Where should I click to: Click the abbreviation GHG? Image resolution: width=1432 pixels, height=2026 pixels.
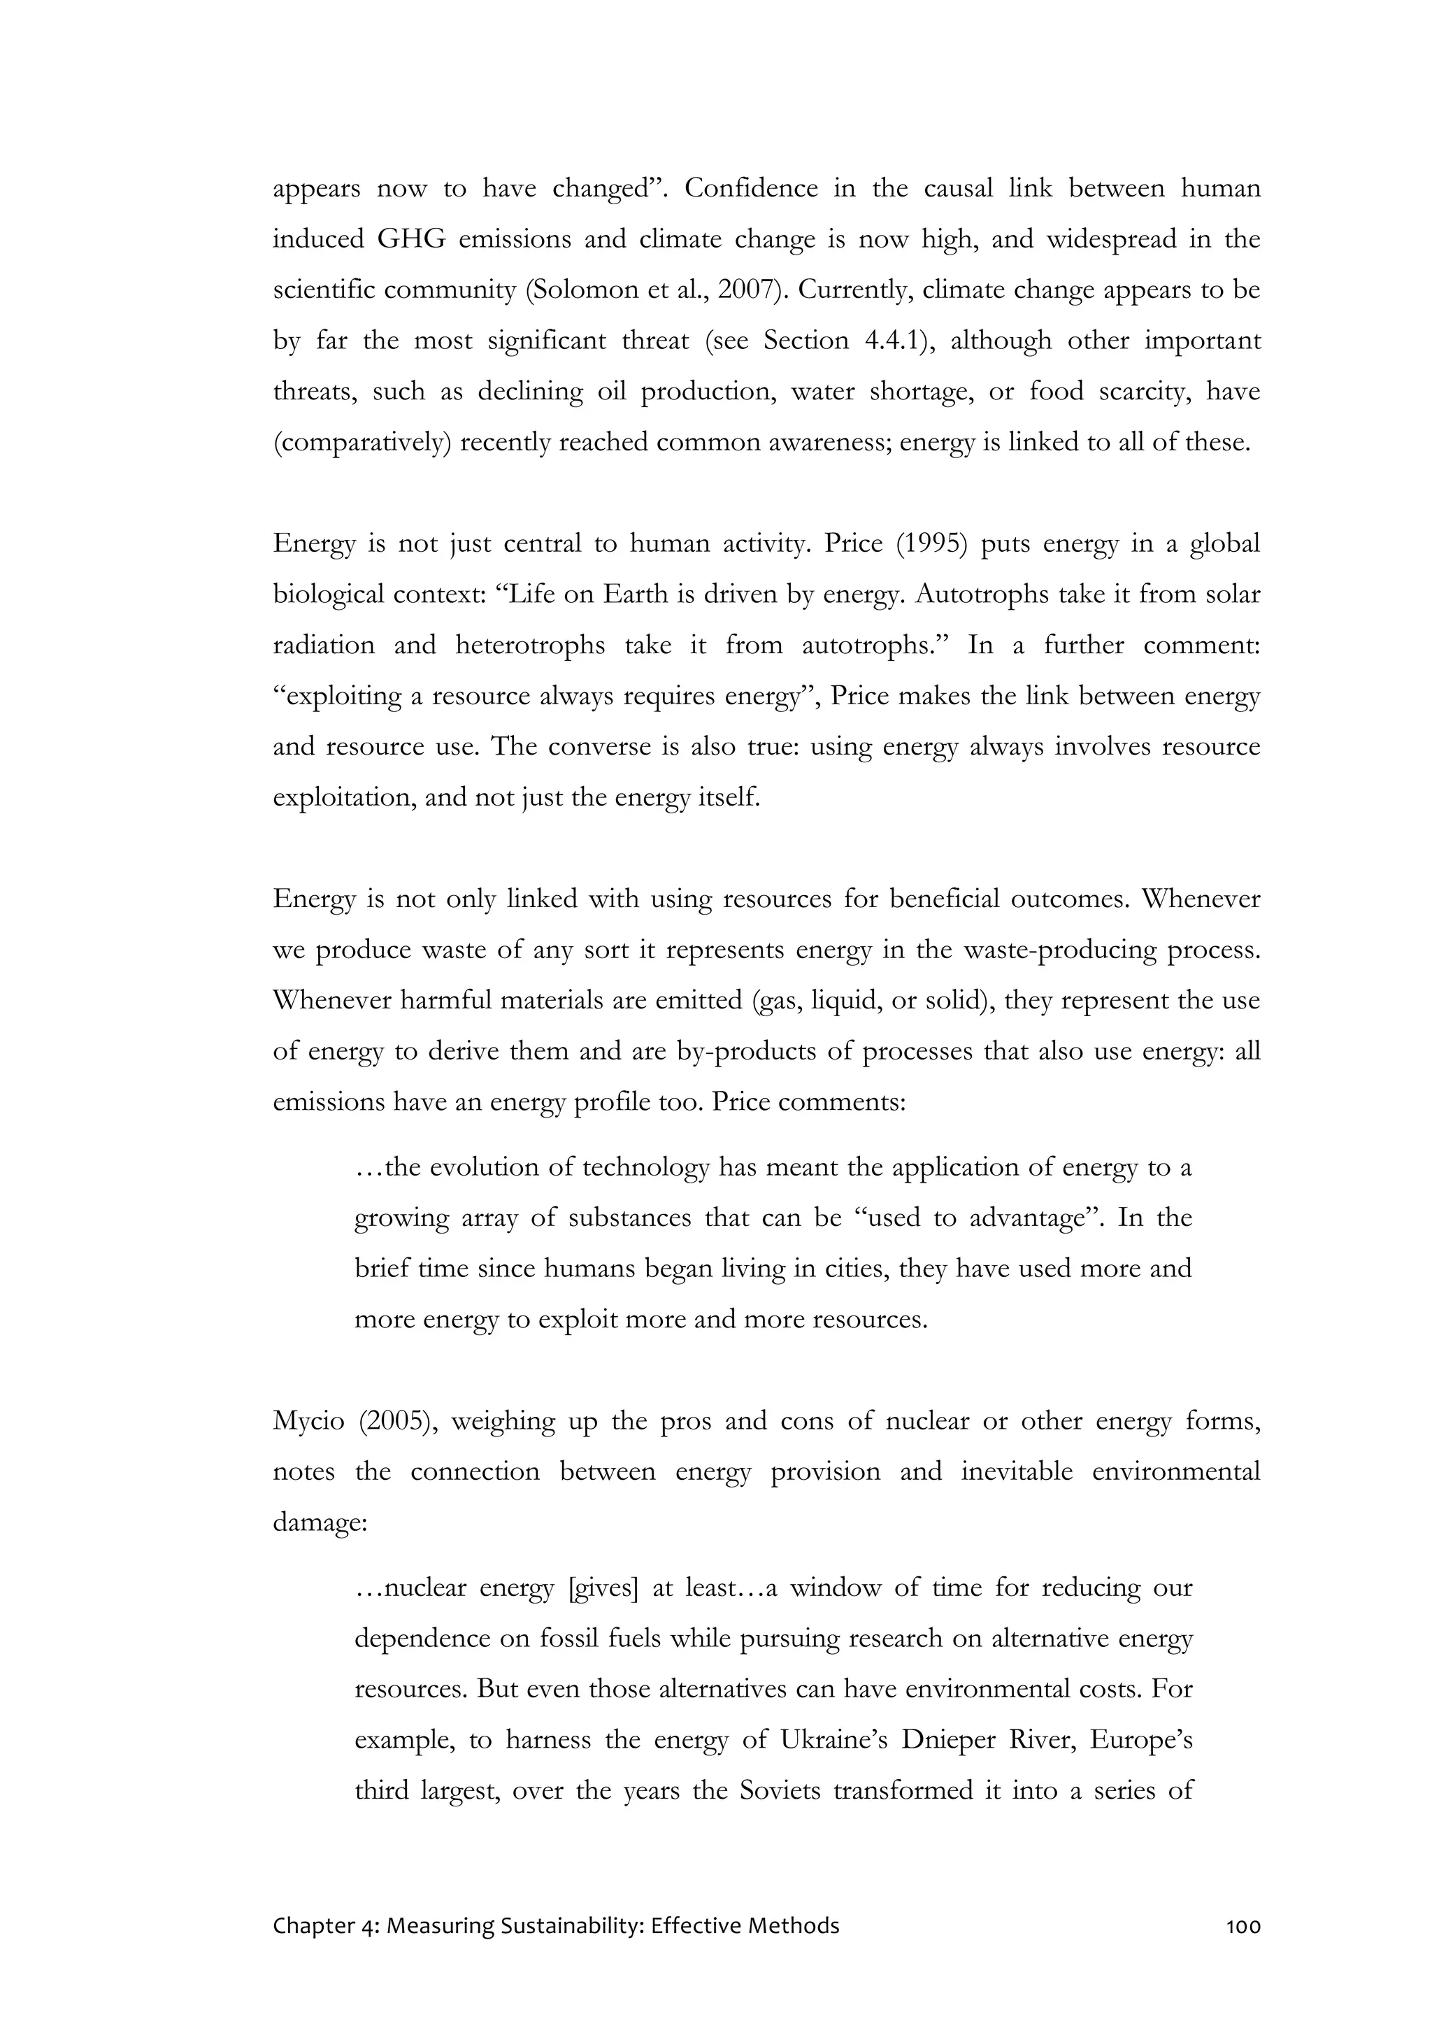click(x=411, y=240)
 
